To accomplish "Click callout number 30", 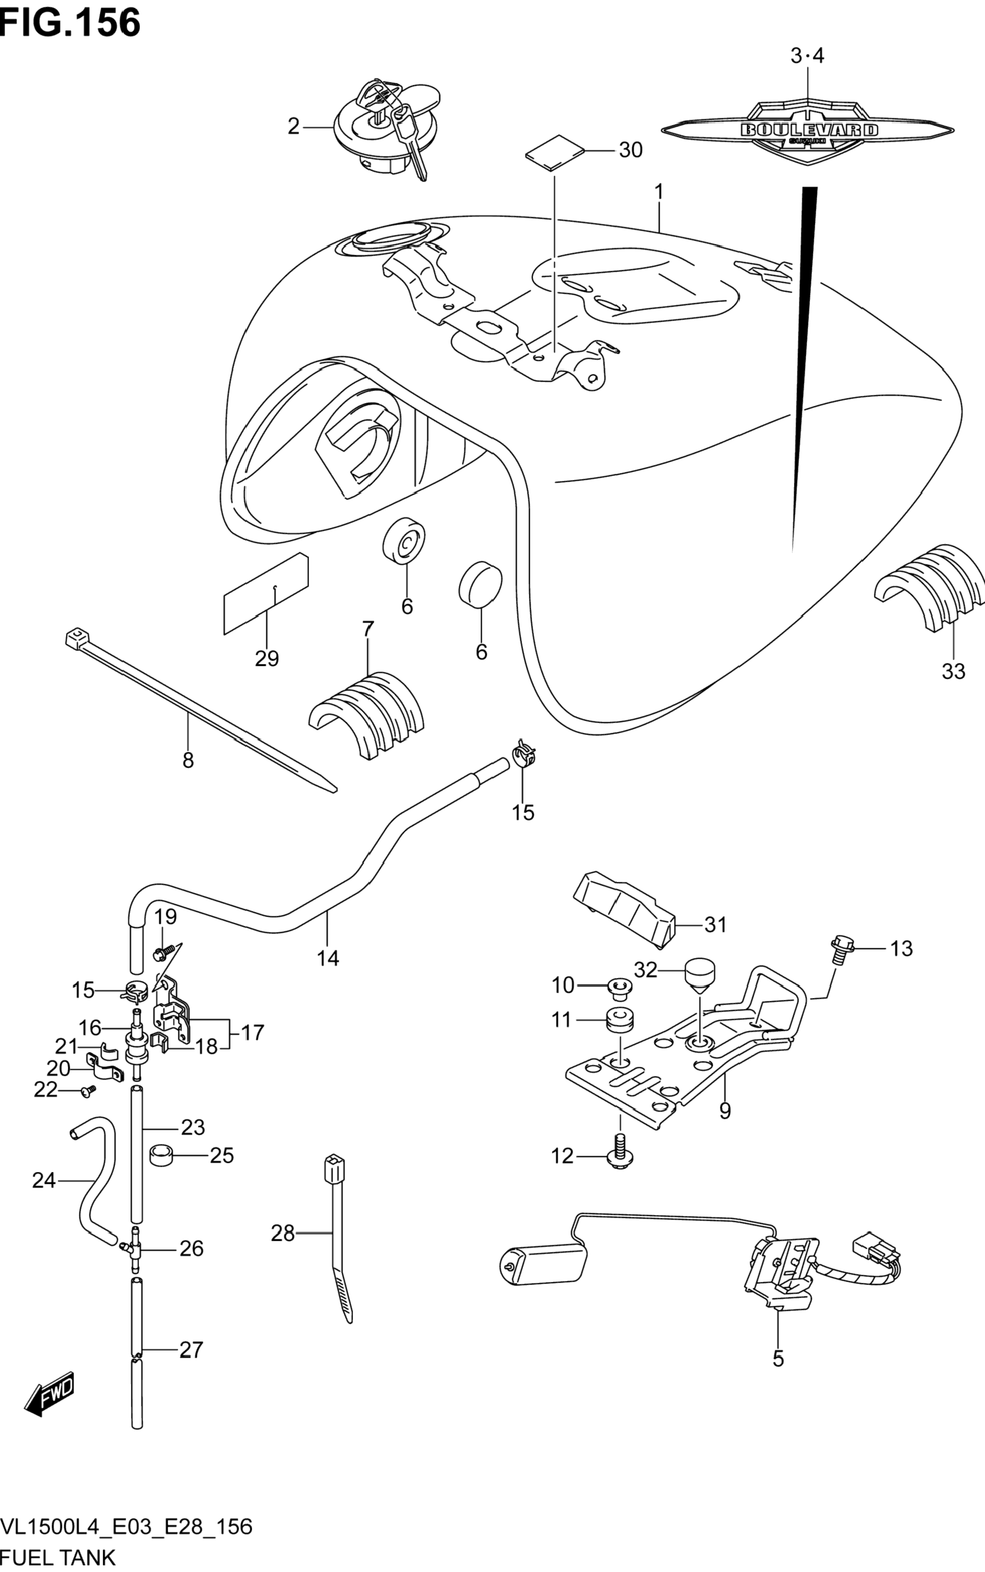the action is (631, 150).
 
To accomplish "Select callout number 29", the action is (267, 659).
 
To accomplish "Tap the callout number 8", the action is (188, 759).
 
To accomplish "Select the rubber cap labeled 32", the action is (698, 976).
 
